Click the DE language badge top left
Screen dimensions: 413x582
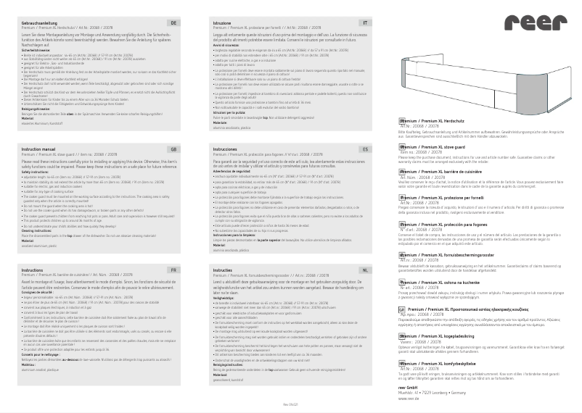(x=173, y=24)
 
